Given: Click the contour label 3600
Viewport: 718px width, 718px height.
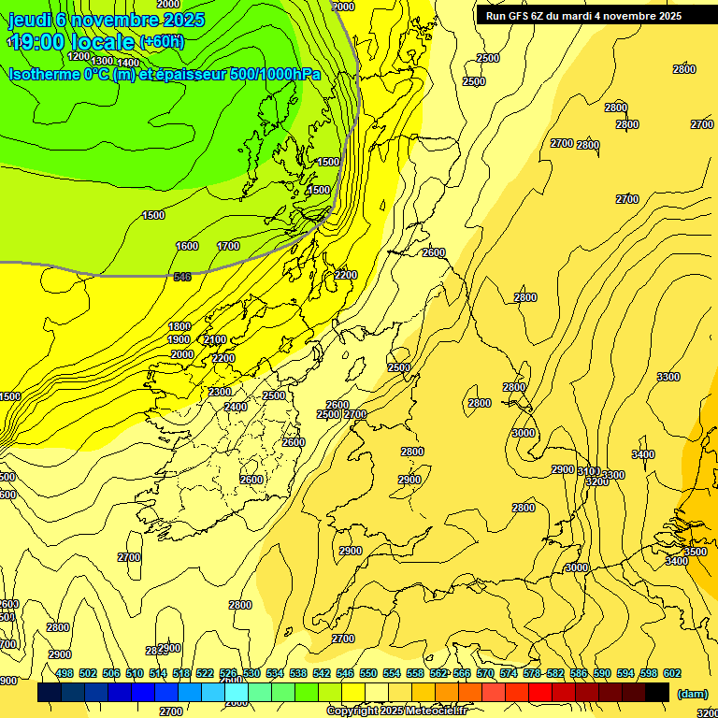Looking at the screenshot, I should pyautogui.click(x=696, y=552).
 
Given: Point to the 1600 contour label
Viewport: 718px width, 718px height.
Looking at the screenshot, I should pyautogui.click(x=187, y=246).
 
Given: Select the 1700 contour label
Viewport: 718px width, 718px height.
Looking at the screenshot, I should pyautogui.click(x=228, y=246).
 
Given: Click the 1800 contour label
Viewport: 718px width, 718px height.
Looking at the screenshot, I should pyautogui.click(x=179, y=326).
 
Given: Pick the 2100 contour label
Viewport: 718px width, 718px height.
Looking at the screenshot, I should pyautogui.click(x=215, y=339).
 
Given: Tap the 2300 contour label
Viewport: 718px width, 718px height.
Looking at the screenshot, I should pyautogui.click(x=221, y=392).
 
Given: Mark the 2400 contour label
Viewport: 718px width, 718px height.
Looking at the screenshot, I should pyautogui.click(x=236, y=407).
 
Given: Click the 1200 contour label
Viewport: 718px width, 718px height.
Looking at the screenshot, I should pyautogui.click(x=79, y=55).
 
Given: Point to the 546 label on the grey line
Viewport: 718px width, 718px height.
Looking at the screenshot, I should pyautogui.click(x=182, y=277).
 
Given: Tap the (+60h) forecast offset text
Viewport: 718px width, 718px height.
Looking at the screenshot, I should pyautogui.click(x=162, y=42).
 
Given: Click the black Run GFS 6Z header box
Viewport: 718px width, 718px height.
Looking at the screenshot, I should pyautogui.click(x=583, y=16).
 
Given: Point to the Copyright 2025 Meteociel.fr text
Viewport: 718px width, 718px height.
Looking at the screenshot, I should pyautogui.click(x=396, y=711).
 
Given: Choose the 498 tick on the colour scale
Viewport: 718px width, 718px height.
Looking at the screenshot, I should pyautogui.click(x=65, y=673).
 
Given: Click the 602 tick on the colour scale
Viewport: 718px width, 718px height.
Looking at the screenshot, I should pyautogui.click(x=672, y=673).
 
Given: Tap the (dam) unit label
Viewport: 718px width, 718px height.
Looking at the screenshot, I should pyautogui.click(x=692, y=693).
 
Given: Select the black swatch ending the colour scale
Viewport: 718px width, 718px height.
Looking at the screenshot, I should pyautogui.click(x=657, y=692).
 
